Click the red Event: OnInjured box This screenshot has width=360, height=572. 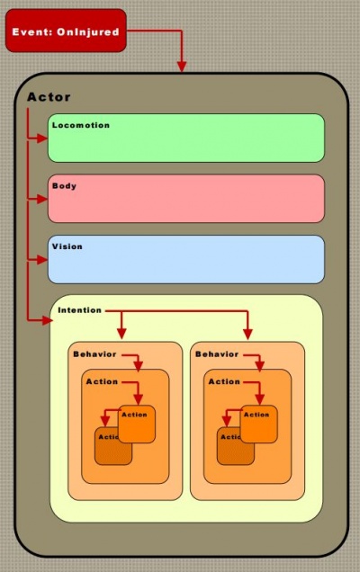coord(66,31)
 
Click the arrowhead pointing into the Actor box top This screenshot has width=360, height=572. coord(182,67)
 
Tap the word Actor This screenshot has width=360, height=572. coord(49,97)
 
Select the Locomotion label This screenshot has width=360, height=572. coord(81,125)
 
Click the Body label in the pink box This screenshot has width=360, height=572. coord(64,186)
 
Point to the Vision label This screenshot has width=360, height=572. coord(67,246)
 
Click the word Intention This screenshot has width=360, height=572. coord(79,310)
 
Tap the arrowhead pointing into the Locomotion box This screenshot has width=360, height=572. coord(42,139)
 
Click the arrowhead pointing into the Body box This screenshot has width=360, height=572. coord(42,199)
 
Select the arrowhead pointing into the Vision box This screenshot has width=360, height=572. coord(42,260)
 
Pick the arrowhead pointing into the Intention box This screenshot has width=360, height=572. coord(48,320)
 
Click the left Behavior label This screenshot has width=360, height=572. coord(94,354)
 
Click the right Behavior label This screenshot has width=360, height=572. coord(217,354)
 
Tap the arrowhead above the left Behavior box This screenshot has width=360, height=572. coord(121,334)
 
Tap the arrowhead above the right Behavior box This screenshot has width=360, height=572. coord(247,334)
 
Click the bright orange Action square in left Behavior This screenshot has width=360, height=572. coord(137,424)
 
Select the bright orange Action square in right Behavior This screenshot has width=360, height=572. coord(259,424)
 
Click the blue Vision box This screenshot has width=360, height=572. coord(186,259)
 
